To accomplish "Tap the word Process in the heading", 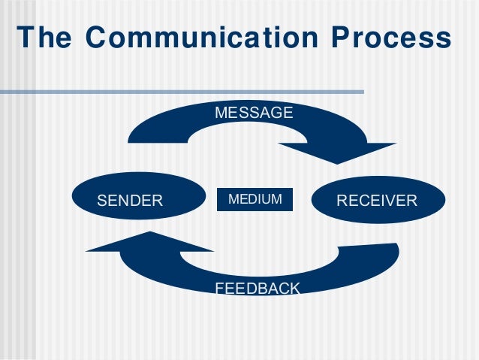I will (390, 38).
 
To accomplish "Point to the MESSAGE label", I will (254, 113).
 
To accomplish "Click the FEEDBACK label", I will (258, 288).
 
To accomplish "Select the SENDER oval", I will (138, 200).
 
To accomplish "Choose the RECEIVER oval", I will (378, 200).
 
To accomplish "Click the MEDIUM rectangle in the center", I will (255, 199).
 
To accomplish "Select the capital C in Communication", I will (92, 38).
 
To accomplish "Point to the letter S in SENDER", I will (103, 201).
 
